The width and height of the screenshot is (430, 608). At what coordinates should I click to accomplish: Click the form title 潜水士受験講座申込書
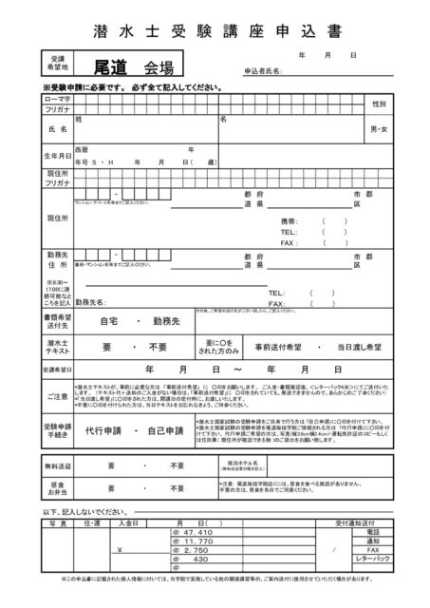(x=215, y=29)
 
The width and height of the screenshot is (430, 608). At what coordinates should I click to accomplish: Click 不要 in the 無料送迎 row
(x=176, y=465)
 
